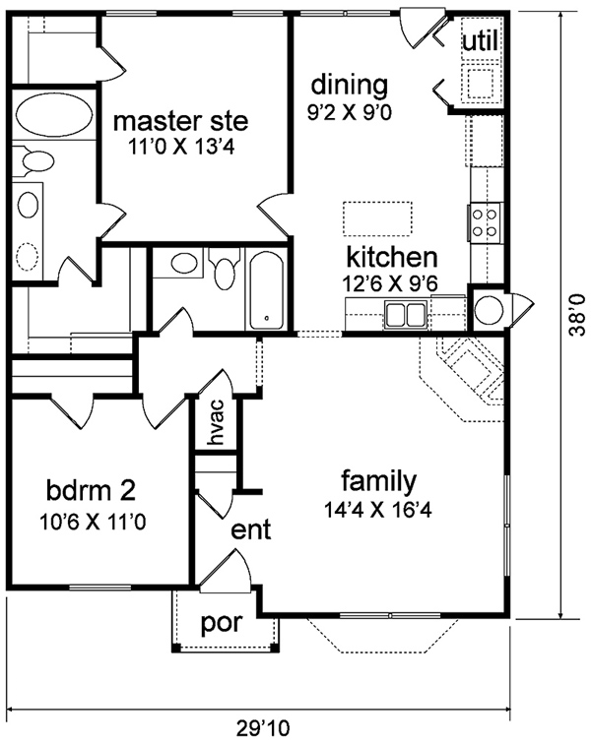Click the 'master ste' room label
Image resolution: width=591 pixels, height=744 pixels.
pos(180,121)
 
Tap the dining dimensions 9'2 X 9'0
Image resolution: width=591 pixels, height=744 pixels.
pos(350,112)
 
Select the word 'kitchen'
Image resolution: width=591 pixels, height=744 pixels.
pos(392,257)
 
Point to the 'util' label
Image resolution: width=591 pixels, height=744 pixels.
pos(481,40)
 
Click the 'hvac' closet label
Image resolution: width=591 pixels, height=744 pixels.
pos(216,423)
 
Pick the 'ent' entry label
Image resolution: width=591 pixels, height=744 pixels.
pos(251,529)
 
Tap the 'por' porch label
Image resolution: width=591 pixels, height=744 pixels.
pos(222,623)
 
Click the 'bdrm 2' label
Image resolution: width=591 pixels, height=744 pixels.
pos(92,491)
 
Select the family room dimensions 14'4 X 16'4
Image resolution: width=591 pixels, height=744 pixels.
pos(377,510)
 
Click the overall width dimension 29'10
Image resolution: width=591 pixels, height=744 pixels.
pos(263,727)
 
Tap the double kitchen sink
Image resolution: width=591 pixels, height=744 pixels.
pos(405,314)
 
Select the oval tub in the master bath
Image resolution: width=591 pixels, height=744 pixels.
pos(54,114)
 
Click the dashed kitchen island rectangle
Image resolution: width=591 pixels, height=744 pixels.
pos(377,218)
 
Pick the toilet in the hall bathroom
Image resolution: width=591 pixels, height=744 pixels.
pos(226,266)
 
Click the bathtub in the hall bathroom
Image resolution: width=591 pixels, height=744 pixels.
pos(266,290)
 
